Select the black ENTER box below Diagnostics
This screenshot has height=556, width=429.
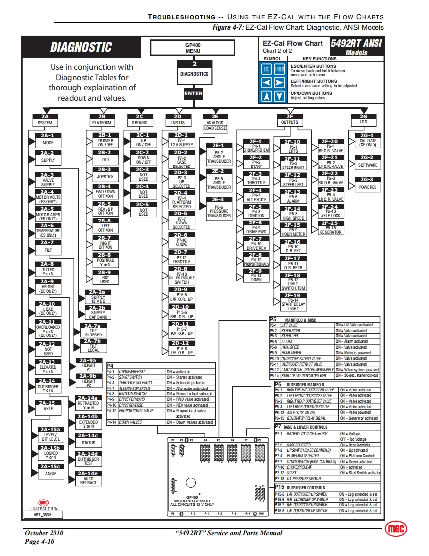point(193,93)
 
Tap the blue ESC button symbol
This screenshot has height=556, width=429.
point(268,70)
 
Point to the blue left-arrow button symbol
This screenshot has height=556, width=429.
point(268,83)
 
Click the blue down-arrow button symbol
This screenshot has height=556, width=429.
point(280,96)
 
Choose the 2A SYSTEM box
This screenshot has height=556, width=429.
point(45,119)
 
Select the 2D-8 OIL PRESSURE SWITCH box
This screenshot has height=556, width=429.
point(181,276)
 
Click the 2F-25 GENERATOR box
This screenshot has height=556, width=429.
point(330,228)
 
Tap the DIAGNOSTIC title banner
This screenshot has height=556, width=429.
point(81,47)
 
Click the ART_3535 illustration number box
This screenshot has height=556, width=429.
point(43,515)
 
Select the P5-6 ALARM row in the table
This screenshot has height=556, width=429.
point(325,341)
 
